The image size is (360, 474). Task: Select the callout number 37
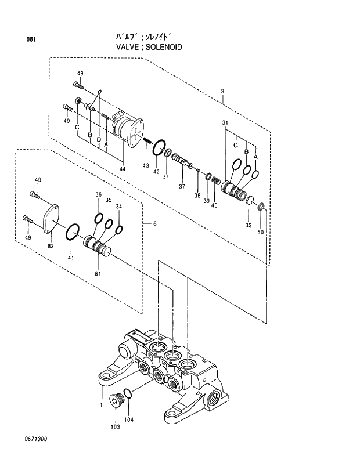click(x=182, y=187)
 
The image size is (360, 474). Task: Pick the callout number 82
click(x=51, y=246)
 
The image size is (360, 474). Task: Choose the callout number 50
click(x=261, y=232)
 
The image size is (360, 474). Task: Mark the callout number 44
click(x=122, y=169)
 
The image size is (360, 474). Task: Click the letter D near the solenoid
click(x=99, y=140)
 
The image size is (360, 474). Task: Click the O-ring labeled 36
click(x=98, y=218)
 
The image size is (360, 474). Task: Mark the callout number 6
click(x=154, y=223)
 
